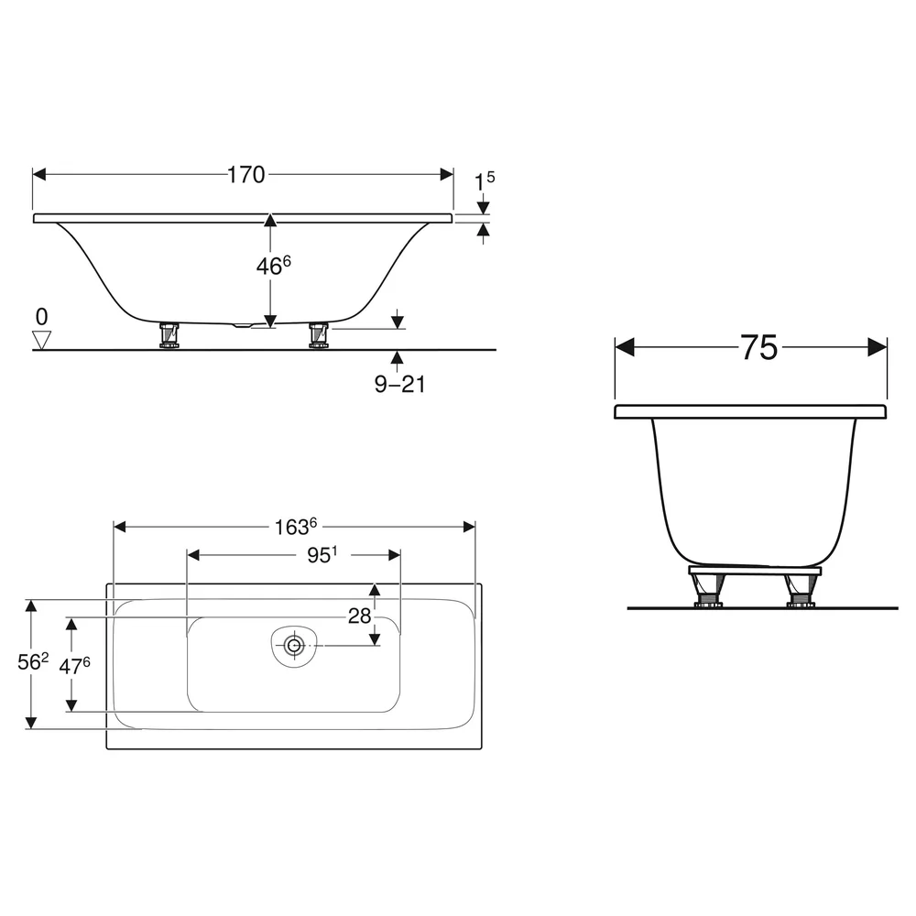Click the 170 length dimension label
pyautogui.click(x=245, y=175)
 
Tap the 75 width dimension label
pyautogui.click(x=758, y=347)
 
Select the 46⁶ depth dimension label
pyautogui.click(x=273, y=266)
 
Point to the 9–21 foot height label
pyautogui.click(x=399, y=384)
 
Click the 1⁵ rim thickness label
pyautogui.click(x=485, y=180)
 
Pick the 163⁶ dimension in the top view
pyautogui.click(x=296, y=527)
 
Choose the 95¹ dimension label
pyautogui.click(x=322, y=554)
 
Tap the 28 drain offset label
pyautogui.click(x=359, y=616)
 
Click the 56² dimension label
pyautogui.click(x=33, y=662)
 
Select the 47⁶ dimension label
pyautogui.click(x=75, y=665)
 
